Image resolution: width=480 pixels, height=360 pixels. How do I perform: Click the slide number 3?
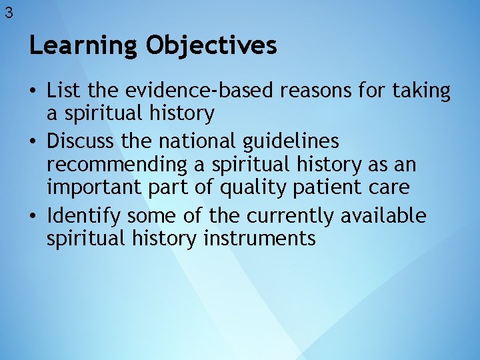pyautogui.click(x=8, y=12)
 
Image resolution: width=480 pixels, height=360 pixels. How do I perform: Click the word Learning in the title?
pyautogui.click(x=84, y=46)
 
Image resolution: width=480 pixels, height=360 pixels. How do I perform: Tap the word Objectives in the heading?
pyautogui.click(x=212, y=46)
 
